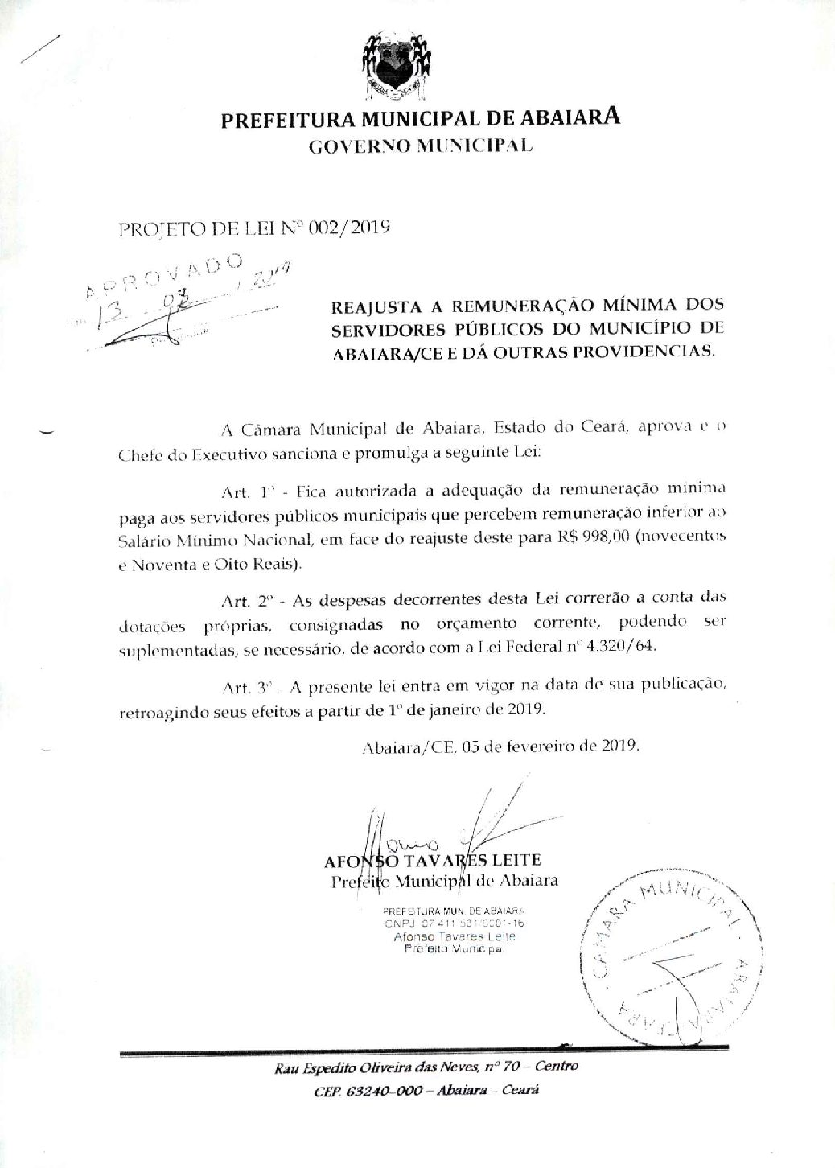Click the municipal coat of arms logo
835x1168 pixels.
pos(394,63)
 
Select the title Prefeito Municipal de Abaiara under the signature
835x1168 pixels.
pos(445,881)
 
